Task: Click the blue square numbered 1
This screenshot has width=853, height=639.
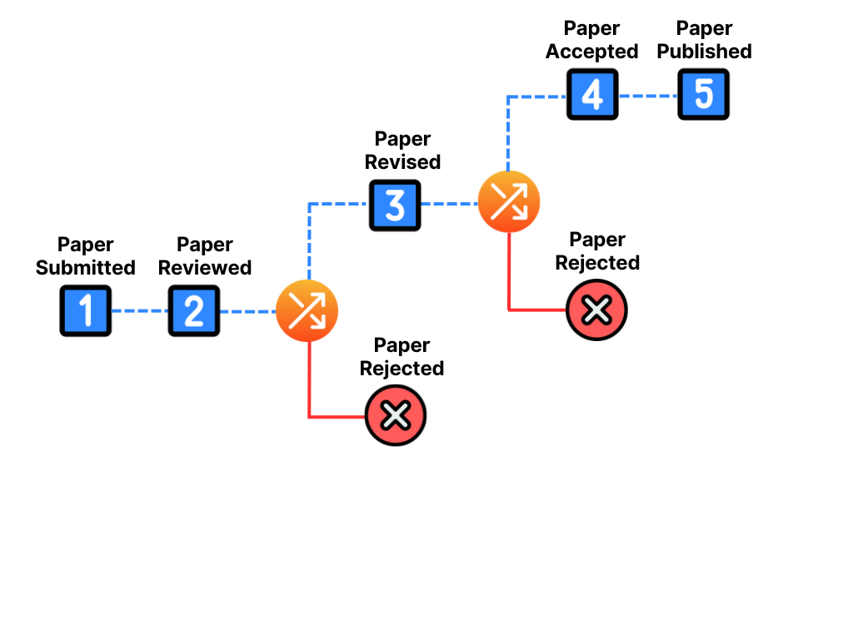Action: [85, 310]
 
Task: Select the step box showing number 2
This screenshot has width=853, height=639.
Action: [193, 310]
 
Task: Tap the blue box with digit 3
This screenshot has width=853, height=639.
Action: [395, 205]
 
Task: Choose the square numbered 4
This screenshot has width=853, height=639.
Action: [591, 95]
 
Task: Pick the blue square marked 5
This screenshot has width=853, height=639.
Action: [703, 95]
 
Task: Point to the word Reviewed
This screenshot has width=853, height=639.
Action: [205, 268]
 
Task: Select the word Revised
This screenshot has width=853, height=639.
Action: [402, 162]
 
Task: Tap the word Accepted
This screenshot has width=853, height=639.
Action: [591, 52]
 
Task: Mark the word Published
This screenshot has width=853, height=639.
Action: [704, 52]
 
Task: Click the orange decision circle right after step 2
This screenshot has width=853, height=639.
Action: [307, 311]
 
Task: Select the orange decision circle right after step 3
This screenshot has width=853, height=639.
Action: [509, 201]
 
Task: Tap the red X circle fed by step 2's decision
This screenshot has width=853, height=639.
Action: [396, 415]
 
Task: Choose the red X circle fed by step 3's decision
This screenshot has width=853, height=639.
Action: [596, 310]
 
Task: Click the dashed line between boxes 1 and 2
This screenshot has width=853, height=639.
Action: [139, 311]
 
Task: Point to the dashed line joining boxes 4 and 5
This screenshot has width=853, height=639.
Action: [647, 96]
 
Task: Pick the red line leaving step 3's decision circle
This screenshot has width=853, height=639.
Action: [509, 275]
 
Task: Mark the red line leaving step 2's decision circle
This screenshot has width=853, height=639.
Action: [309, 383]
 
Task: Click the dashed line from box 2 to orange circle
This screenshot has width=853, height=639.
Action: [247, 312]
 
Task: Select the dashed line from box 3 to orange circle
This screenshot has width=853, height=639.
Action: [449, 203]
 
